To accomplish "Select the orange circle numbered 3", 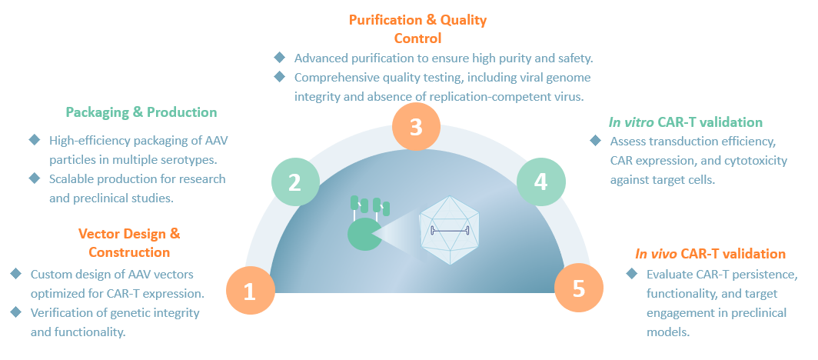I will tap(416, 126).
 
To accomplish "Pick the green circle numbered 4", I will tap(541, 182).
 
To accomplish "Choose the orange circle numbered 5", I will tap(579, 288).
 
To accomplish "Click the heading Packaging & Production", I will tap(141, 112).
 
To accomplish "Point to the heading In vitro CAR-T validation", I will tap(685, 122).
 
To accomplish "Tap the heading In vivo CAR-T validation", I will tap(710, 254).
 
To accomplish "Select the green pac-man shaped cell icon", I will tap(364, 234).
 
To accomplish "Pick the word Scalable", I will tap(70, 178).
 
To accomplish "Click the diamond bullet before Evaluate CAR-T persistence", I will tap(632, 274).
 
